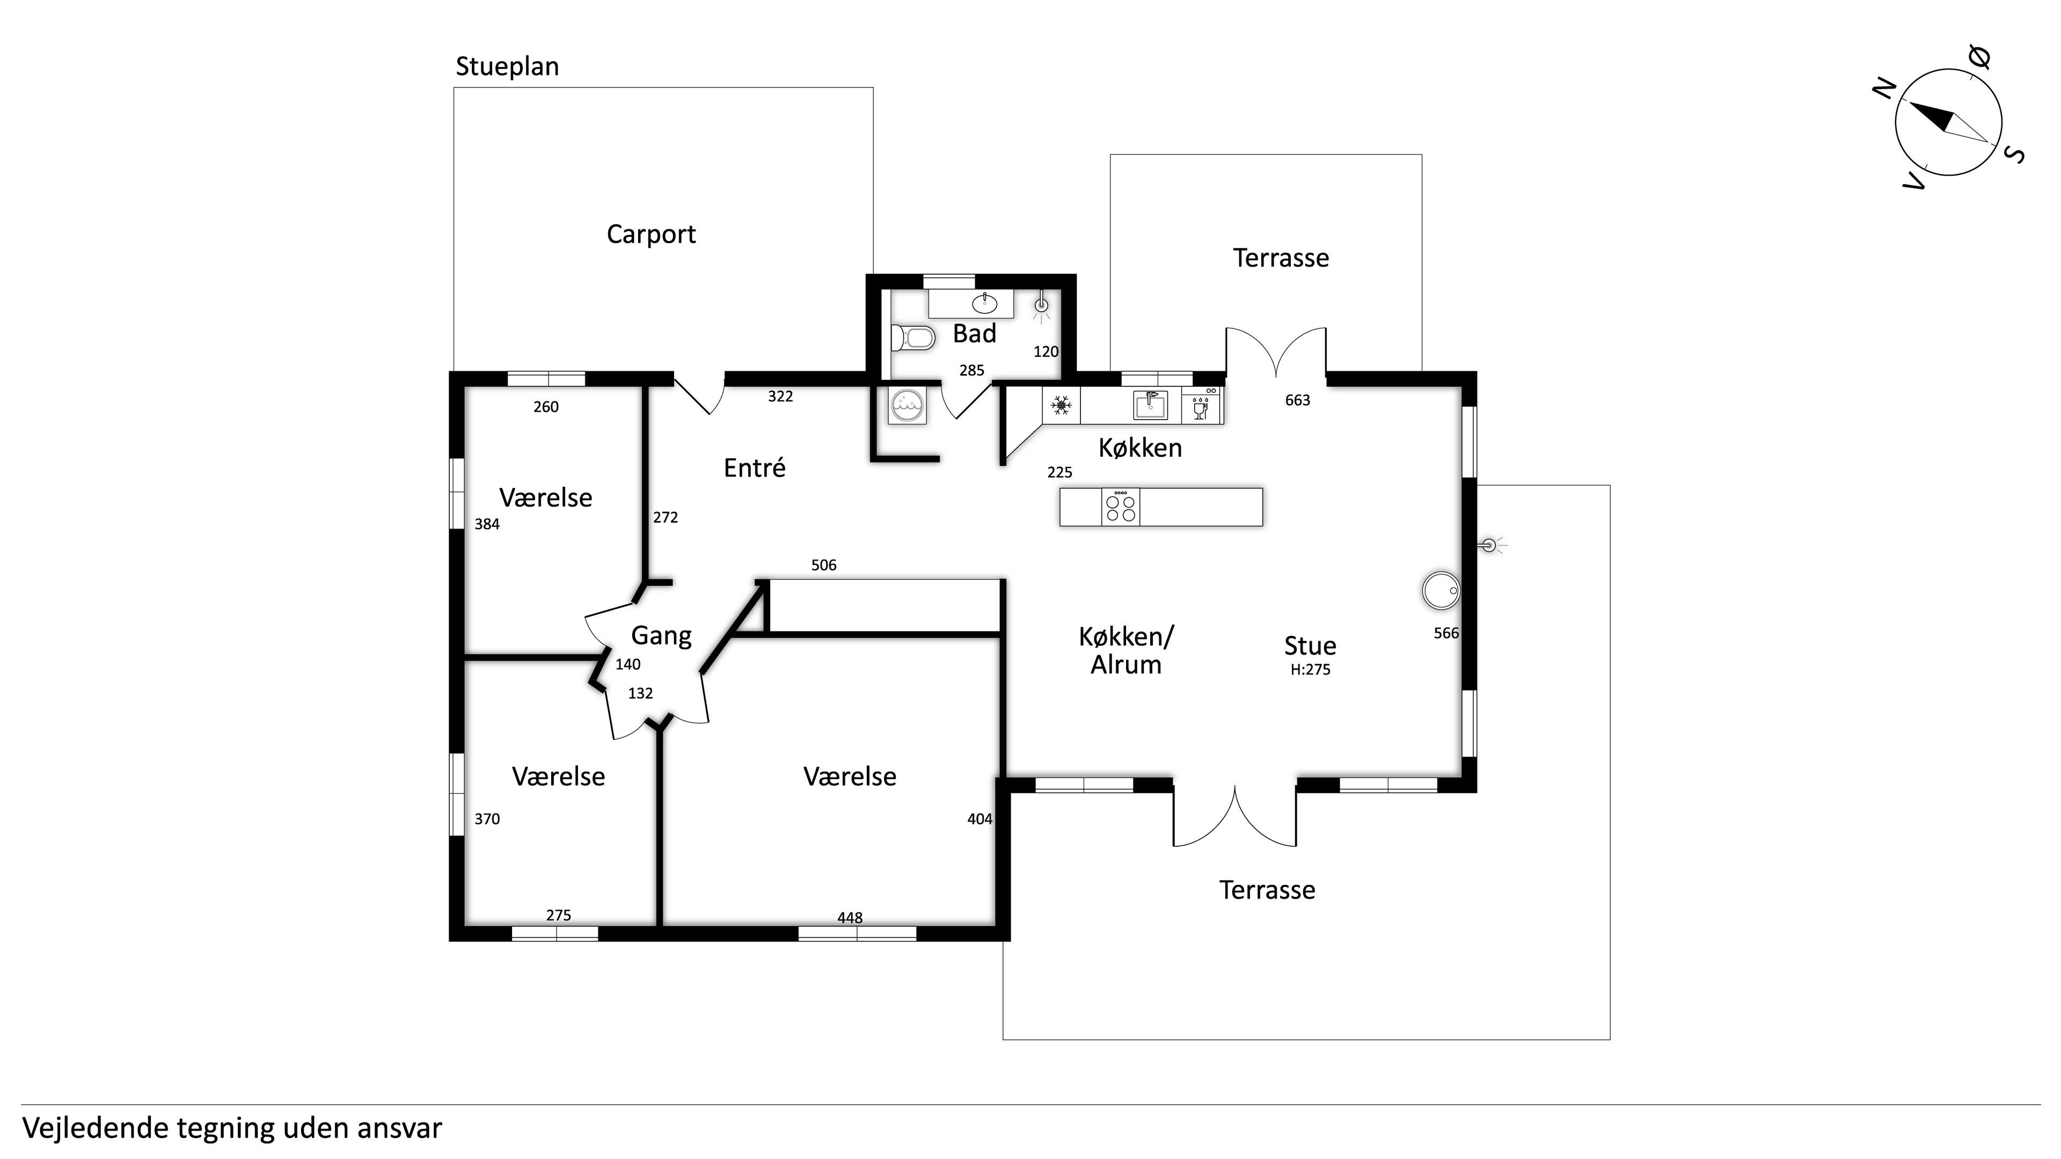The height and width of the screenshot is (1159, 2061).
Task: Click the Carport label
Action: tap(651, 234)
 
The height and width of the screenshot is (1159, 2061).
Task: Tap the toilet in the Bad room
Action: tap(913, 338)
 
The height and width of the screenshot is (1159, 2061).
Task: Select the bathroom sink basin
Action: tap(984, 303)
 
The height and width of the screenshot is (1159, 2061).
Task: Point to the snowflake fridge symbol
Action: tap(1061, 406)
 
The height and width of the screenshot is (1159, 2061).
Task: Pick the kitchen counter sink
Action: tap(1150, 406)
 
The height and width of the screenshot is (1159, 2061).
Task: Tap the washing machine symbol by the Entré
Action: tap(907, 406)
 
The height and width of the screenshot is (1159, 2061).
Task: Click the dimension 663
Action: tap(1297, 400)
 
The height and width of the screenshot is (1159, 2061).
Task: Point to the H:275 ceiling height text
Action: tap(1310, 670)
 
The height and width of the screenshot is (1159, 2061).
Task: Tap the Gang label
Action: tap(661, 636)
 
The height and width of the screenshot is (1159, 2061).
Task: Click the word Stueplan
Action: tap(507, 67)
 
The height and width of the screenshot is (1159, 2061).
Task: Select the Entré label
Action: tap(754, 468)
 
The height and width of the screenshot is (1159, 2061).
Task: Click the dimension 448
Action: tap(850, 918)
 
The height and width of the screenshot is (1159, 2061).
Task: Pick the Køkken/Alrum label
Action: tap(1125, 650)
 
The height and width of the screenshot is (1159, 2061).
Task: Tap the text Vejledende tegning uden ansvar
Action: tap(232, 1128)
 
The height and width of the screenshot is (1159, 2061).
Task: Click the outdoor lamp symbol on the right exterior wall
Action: tap(1489, 546)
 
